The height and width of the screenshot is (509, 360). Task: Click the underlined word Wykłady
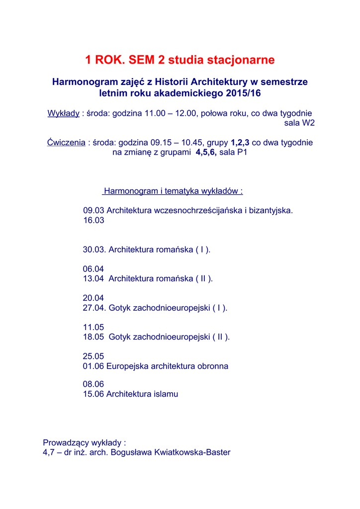63,113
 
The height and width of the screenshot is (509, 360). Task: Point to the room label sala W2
299,123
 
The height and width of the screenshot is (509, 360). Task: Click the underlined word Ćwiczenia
66,143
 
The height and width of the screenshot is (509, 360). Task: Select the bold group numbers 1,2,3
240,143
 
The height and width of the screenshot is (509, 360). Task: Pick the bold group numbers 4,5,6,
206,153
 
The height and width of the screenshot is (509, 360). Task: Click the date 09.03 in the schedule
93,210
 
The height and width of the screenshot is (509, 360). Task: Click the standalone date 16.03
93,220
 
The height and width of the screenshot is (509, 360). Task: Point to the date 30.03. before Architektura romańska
94,250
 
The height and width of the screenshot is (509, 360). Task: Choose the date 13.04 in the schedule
93,278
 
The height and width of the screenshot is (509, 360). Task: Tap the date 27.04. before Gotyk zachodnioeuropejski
94,308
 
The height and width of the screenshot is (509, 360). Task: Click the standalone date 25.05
93,356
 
